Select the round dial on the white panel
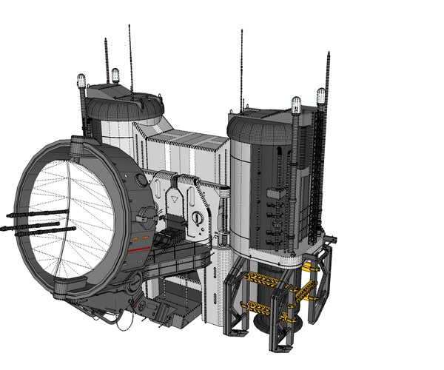pyautogui.click(x=197, y=218)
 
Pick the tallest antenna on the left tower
pyautogui.click(x=131, y=59)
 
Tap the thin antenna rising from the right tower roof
pyautogui.click(x=241, y=70)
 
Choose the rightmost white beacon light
pyautogui.click(x=320, y=95)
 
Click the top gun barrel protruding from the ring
pyautogui.click(x=37, y=214)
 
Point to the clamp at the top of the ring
pyautogui.click(x=76, y=149)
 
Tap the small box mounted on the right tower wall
pyautogui.click(x=275, y=194)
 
